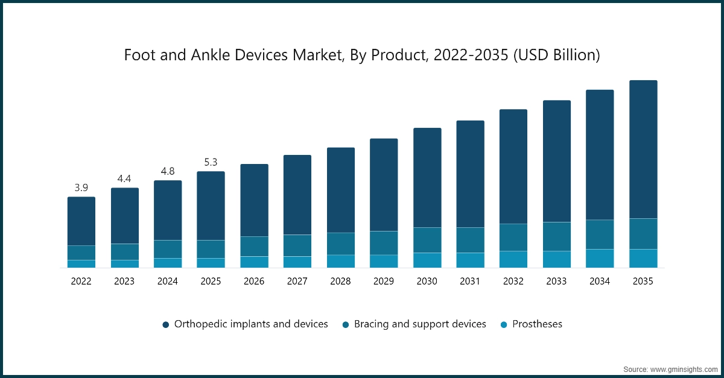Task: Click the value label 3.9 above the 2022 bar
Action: pos(81,188)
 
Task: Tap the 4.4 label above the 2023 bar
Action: pos(124,179)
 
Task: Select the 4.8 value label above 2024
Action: pos(168,172)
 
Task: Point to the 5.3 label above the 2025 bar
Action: pos(211,163)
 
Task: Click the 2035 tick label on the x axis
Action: pos(643,281)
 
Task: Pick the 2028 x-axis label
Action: pos(340,281)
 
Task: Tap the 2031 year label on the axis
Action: pos(470,281)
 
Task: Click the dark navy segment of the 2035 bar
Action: pos(643,150)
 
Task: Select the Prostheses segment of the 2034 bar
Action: pos(600,258)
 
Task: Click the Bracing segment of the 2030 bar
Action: pos(427,240)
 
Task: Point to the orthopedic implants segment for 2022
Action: pos(81,221)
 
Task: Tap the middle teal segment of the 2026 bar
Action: pos(254,246)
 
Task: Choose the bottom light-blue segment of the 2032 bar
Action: pos(513,259)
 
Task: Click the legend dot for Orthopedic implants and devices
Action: pos(166,324)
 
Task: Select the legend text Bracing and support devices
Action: pos(420,324)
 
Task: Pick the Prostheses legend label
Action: pos(537,324)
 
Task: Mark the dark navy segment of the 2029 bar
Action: pos(384,184)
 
